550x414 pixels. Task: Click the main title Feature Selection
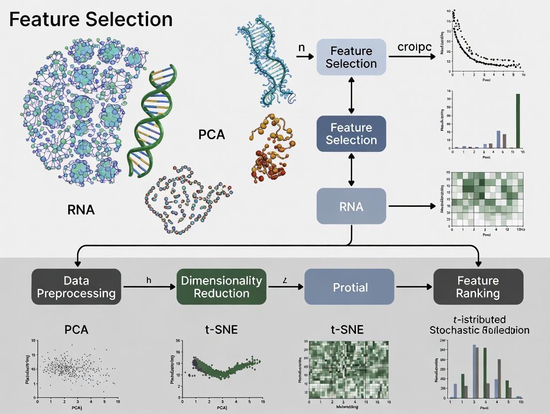(x=91, y=19)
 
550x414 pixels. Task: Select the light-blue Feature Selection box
(x=351, y=57)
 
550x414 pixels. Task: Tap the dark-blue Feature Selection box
(x=351, y=134)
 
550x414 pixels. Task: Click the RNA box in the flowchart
(x=351, y=206)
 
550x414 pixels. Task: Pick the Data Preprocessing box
(x=76, y=287)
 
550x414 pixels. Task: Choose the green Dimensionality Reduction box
(x=221, y=287)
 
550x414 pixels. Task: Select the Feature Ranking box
(x=478, y=287)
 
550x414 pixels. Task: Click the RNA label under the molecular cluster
(x=81, y=209)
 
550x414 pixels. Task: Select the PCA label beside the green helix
(x=211, y=134)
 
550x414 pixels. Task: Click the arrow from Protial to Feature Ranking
(x=413, y=287)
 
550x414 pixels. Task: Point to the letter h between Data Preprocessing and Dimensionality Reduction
(x=148, y=280)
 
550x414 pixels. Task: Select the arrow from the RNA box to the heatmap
(x=412, y=206)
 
